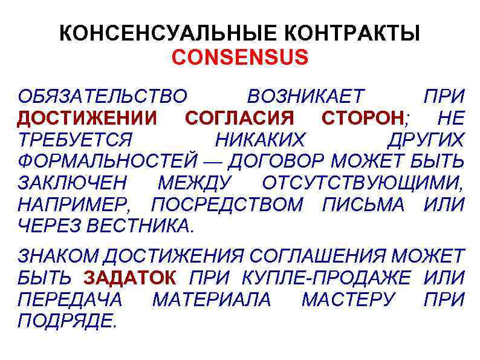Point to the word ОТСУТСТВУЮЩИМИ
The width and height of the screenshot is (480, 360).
(363, 183)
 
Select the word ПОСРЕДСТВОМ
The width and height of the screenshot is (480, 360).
(233, 205)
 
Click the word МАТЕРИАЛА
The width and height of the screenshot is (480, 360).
(212, 299)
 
